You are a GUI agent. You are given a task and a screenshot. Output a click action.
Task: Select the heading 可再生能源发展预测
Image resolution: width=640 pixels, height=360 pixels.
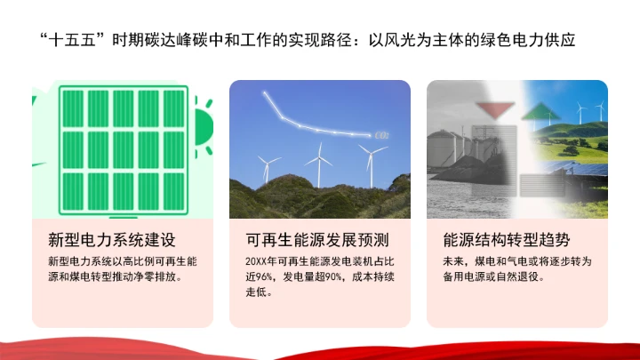[x=317, y=241]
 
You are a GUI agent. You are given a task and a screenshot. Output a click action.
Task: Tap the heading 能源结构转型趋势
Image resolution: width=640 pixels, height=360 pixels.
[x=506, y=241]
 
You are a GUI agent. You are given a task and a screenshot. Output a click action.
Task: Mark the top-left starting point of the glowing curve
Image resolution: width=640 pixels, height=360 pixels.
[x=265, y=92]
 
